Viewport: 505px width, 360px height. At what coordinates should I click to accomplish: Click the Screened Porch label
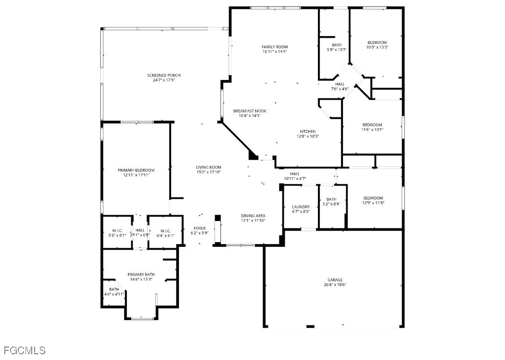click(x=164, y=76)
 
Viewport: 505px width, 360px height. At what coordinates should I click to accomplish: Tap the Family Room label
click(x=275, y=47)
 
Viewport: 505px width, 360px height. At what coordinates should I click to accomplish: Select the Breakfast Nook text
click(x=250, y=111)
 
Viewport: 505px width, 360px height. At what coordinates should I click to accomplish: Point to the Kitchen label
click(x=308, y=131)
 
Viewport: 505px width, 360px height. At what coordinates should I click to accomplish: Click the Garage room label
click(x=335, y=280)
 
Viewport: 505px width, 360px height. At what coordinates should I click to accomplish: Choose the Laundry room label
click(x=301, y=207)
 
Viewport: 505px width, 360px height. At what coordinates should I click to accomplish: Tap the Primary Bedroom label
click(x=136, y=170)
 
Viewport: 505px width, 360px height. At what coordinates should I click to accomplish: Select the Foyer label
click(x=200, y=228)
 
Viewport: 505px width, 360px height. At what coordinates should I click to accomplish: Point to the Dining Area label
click(x=253, y=216)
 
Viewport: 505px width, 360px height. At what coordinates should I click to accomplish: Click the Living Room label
click(x=209, y=167)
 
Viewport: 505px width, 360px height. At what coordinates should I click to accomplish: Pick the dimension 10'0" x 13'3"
click(x=377, y=47)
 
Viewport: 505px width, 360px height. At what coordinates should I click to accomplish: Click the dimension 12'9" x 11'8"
click(x=373, y=203)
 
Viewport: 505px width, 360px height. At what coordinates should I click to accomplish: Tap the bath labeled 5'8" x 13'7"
click(x=337, y=47)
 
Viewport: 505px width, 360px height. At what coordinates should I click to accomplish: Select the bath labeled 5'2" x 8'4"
click(x=331, y=202)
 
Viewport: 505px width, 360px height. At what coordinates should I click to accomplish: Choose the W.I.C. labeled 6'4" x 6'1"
click(x=165, y=233)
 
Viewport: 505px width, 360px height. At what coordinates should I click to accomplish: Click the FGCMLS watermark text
click(x=24, y=350)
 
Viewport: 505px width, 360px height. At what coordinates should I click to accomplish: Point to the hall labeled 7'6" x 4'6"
click(x=340, y=86)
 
